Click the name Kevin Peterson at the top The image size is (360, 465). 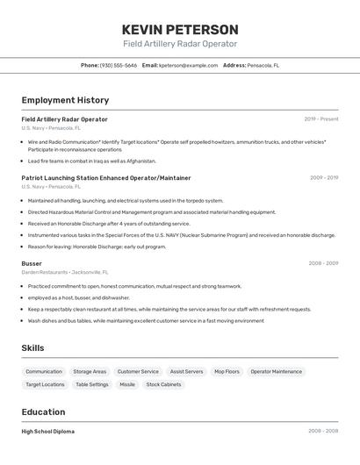pyautogui.click(x=180, y=30)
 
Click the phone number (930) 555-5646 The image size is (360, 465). pyautogui.click(x=118, y=66)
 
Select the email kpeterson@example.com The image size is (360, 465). pyautogui.click(x=188, y=66)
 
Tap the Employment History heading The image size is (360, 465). pyautogui.click(x=65, y=101)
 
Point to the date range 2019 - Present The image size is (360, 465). pyautogui.click(x=321, y=119)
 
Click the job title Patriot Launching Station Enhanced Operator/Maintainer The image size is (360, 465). pyautogui.click(x=106, y=178)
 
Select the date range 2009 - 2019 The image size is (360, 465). pyautogui.click(x=324, y=178)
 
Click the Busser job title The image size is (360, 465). pyautogui.click(x=32, y=263)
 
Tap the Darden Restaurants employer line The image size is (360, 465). pyautogui.click(x=60, y=272)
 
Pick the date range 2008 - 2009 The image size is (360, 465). pyautogui.click(x=323, y=263)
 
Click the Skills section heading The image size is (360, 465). pyautogui.click(x=32, y=348)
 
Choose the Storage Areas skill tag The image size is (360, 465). pyautogui.click(x=90, y=372)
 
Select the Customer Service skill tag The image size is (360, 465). pyautogui.click(x=138, y=372)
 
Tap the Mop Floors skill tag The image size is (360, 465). pyautogui.click(x=227, y=372)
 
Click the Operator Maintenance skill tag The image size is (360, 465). pyautogui.click(x=276, y=372)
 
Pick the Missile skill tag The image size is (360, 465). pyautogui.click(x=127, y=384)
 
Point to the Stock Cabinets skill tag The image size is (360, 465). pyautogui.click(x=163, y=384)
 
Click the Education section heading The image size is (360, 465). pyautogui.click(x=43, y=412)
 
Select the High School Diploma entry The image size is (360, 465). pyautogui.click(x=48, y=432)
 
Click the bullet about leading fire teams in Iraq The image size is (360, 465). pyautogui.click(x=91, y=161)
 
